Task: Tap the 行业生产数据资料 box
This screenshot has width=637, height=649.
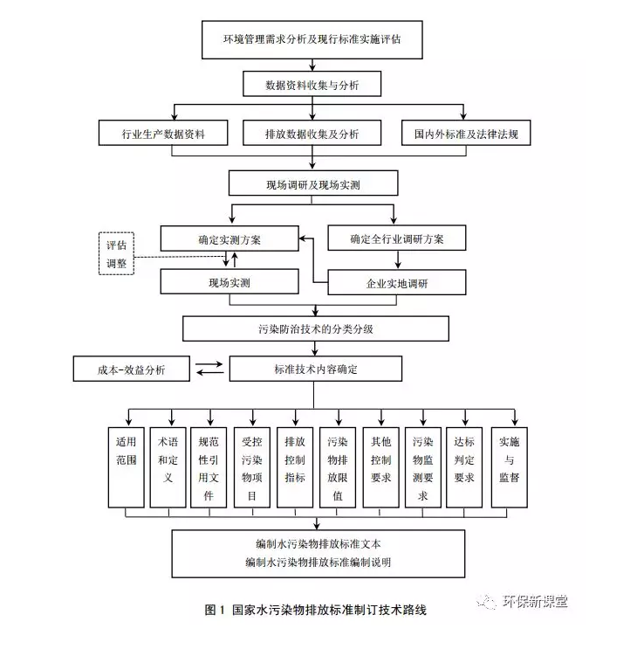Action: [163, 134]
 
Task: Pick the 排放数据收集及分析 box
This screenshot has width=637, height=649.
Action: [312, 134]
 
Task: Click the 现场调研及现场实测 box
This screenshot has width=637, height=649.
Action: [312, 184]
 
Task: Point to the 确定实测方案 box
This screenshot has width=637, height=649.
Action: [229, 238]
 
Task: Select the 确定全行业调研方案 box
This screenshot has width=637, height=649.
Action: [396, 238]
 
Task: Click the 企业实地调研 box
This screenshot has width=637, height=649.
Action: [396, 283]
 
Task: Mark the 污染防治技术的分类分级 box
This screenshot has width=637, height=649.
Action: [316, 328]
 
